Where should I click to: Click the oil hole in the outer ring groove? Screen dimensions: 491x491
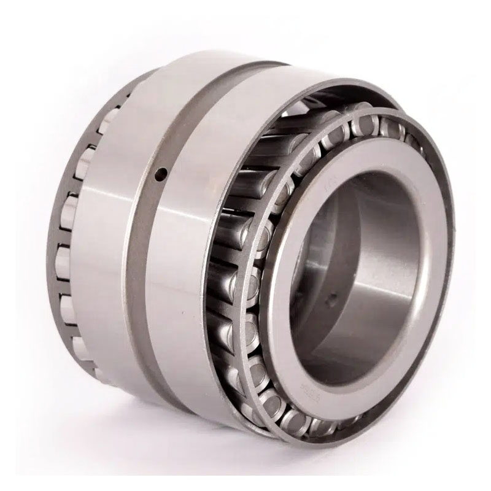pos(161,174)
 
